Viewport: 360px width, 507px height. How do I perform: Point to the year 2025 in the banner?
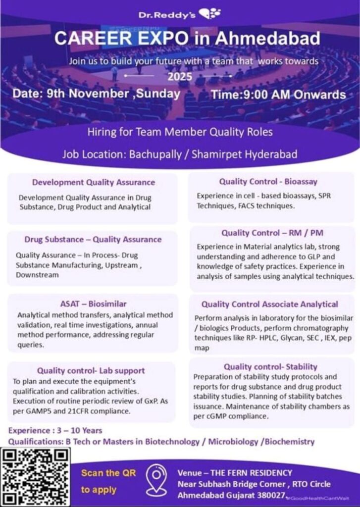click(x=179, y=77)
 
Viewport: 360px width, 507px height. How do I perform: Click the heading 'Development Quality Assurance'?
click(x=94, y=182)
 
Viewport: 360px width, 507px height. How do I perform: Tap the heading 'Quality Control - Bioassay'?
click(x=268, y=182)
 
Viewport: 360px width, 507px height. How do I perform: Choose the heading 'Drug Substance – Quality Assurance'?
click(x=93, y=239)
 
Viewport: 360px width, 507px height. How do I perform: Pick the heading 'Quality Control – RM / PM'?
click(x=272, y=233)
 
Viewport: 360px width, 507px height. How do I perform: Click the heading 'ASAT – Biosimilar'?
click(x=93, y=303)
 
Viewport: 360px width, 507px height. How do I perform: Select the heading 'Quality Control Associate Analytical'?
click(x=270, y=304)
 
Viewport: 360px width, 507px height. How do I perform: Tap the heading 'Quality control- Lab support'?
click(x=91, y=370)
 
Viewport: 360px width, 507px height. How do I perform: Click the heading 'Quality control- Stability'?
click(x=270, y=366)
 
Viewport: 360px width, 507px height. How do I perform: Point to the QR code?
click(x=35, y=476)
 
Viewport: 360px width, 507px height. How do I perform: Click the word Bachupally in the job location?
click(x=154, y=154)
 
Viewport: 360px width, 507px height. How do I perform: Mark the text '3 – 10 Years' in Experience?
click(x=79, y=430)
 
